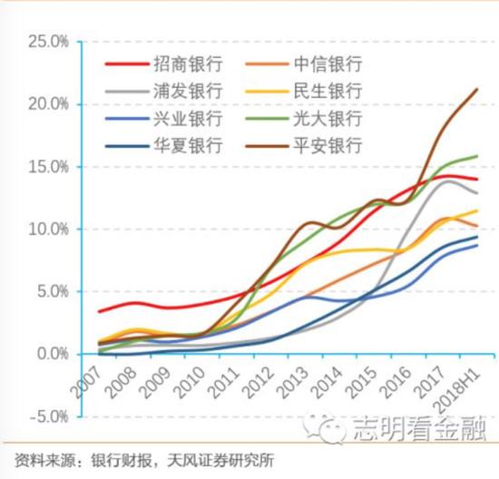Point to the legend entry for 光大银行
pyautogui.click(x=328, y=119)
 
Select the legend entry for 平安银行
pyautogui.click(x=328, y=146)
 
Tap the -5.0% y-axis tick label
pyautogui.click(x=46, y=416)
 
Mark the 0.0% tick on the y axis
pyautogui.click(x=50, y=354)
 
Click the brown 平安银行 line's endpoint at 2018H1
pyautogui.click(x=477, y=89)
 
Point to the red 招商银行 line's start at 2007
pyautogui.click(x=99, y=311)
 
